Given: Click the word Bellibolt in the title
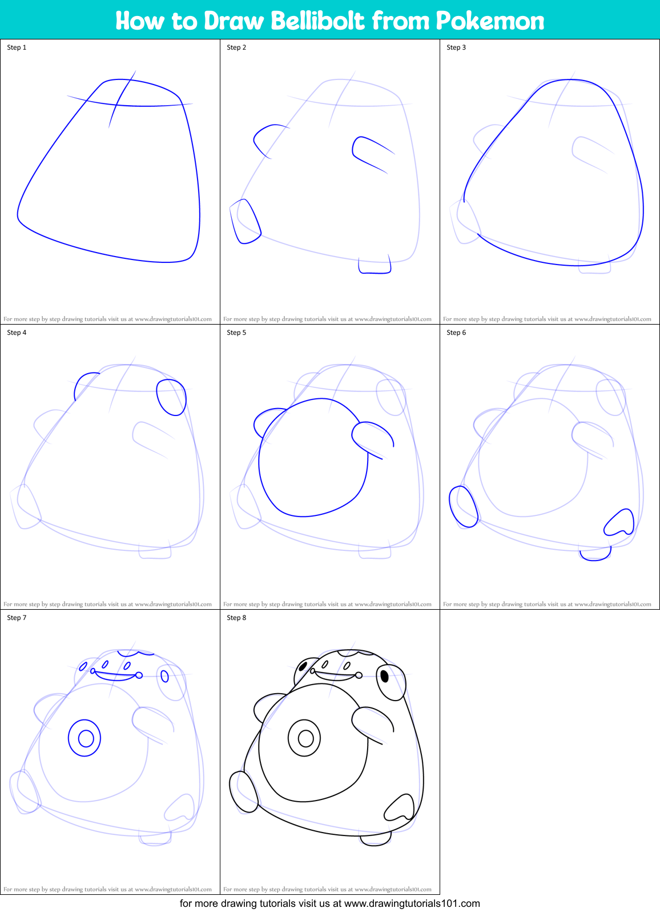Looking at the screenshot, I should tap(317, 21).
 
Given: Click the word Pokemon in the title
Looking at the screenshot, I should tap(490, 21).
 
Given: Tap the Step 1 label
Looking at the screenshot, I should tap(17, 47).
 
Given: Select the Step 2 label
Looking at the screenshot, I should tap(236, 47).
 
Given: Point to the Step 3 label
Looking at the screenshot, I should tap(456, 47).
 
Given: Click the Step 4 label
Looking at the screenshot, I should tap(17, 333).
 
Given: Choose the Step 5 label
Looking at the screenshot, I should tap(236, 333).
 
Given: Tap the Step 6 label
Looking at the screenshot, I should tap(456, 333).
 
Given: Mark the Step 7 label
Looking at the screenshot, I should tap(17, 618).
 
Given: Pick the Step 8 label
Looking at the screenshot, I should tap(236, 618).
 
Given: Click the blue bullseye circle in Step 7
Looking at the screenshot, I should tap(85, 738).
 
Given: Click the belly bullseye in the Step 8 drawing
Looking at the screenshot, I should tap(305, 738).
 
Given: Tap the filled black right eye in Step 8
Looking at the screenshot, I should tap(385, 676).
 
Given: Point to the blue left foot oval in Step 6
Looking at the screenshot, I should tap(464, 506).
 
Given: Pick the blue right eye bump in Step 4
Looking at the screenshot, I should tap(171, 397).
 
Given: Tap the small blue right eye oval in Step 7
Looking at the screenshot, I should tap(165, 676).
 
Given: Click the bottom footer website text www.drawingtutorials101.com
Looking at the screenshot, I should tap(412, 903).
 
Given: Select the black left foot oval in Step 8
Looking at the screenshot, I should tap(244, 791).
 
